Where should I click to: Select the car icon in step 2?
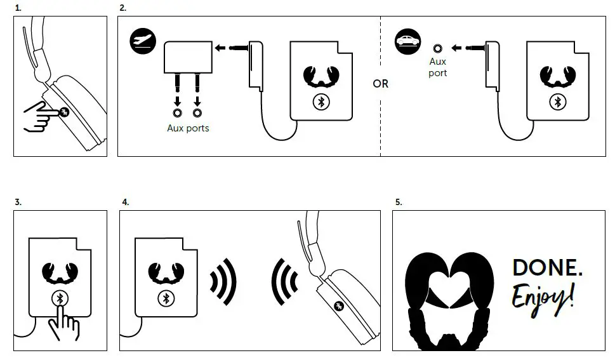406,41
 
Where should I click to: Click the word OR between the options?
380,84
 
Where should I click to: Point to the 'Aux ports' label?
188,128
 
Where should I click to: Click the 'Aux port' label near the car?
438,67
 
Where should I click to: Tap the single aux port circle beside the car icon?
437,48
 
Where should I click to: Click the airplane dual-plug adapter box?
187,57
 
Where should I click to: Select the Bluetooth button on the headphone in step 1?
64,112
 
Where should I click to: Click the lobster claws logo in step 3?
60,272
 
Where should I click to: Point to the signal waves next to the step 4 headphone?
284,280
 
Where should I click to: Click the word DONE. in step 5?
547,267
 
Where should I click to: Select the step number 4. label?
125,202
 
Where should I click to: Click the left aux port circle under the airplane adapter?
177,112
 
